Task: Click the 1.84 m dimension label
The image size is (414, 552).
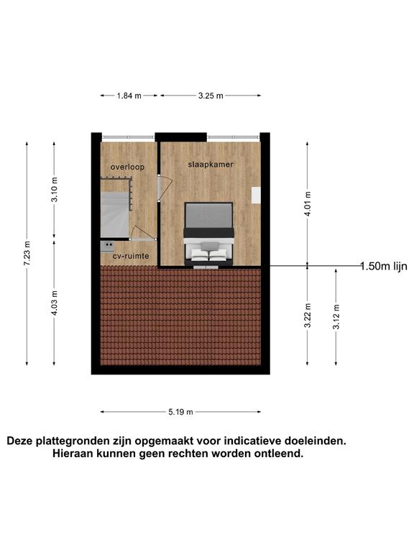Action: (129, 96)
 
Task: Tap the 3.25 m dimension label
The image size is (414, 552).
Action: (211, 96)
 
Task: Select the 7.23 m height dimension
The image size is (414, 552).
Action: (27, 254)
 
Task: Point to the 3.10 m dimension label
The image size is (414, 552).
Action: (54, 190)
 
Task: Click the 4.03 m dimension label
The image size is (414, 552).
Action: (54, 303)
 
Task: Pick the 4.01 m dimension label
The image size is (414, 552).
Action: (308, 204)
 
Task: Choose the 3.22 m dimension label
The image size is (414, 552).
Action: (308, 316)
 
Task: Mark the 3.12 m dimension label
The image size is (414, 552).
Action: (336, 317)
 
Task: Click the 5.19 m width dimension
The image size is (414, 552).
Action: (180, 412)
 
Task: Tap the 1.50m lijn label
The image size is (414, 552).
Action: (384, 266)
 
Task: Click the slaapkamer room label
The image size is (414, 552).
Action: (211, 165)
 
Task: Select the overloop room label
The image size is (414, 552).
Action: (127, 167)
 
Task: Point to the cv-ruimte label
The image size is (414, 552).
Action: (131, 256)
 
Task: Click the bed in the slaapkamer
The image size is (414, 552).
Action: (208, 234)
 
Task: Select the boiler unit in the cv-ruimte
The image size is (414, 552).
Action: (107, 246)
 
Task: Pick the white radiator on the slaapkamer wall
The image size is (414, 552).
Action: (256, 195)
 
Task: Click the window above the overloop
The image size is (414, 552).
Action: (128, 137)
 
